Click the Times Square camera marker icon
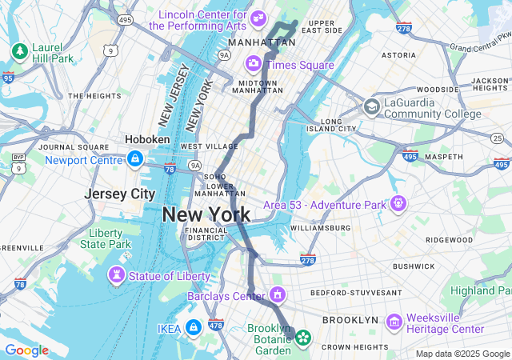point(254,63)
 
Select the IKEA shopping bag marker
point(193,327)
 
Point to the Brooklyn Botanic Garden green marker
point(303,338)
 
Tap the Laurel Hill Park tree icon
point(19,51)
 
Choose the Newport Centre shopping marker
point(135,159)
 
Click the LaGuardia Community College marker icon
point(371,107)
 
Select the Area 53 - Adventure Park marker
point(398,204)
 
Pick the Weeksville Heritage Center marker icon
point(393,322)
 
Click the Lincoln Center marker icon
point(258,18)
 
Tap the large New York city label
point(206,214)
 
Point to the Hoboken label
point(146,139)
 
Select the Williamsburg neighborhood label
point(320,228)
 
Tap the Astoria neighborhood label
point(398,55)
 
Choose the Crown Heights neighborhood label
point(354,346)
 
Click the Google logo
point(26,350)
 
